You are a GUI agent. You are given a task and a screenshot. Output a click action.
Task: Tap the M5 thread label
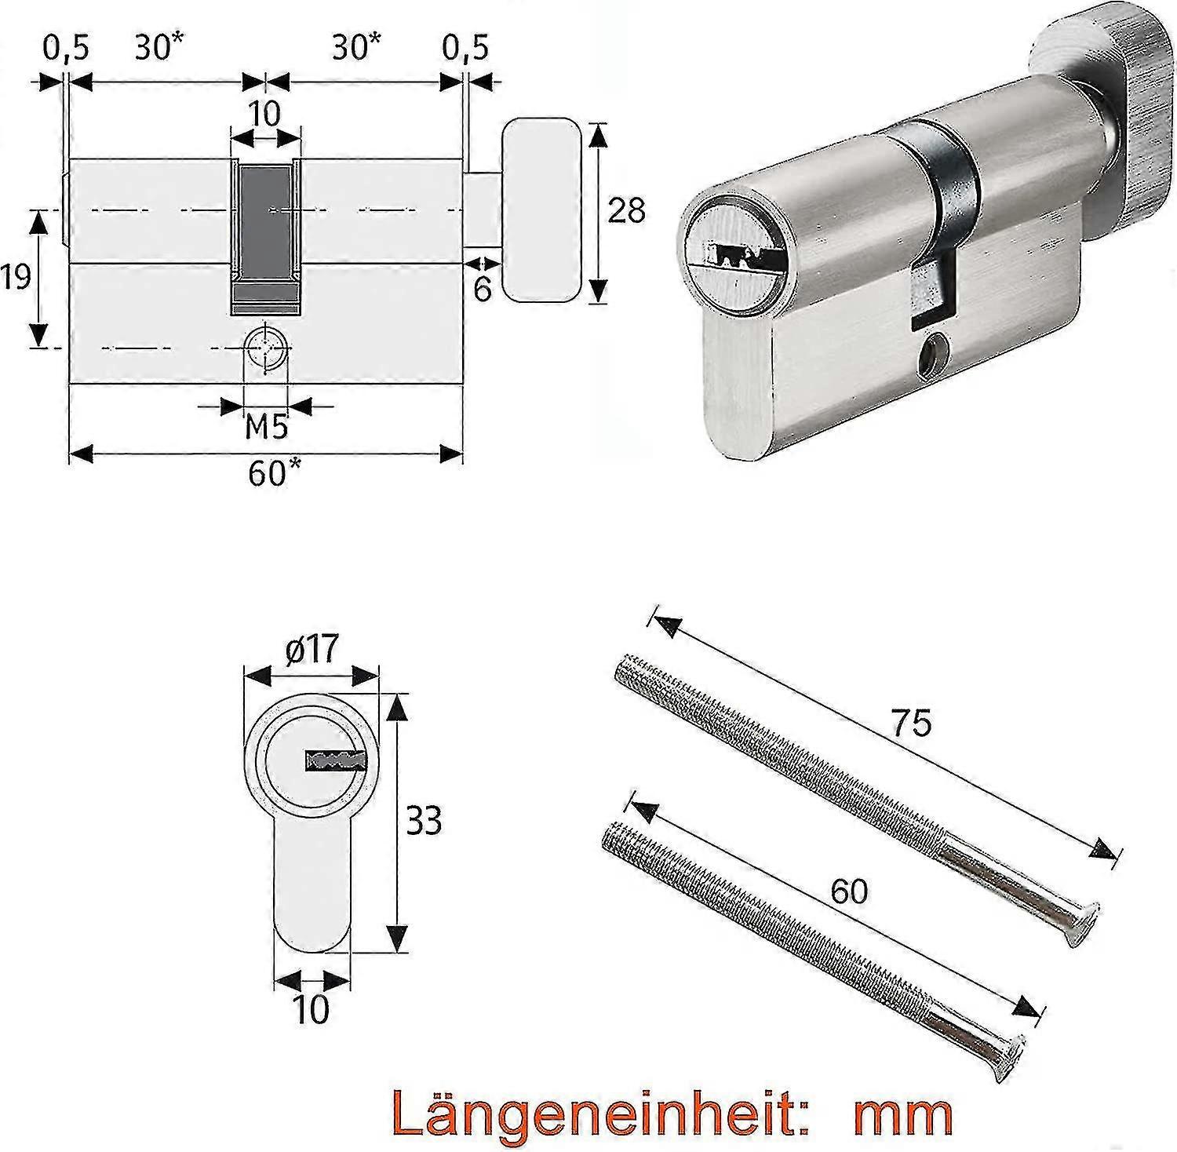267,428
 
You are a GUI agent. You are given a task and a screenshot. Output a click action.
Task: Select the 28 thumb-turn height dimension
626,210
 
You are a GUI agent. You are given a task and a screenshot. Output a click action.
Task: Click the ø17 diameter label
312,649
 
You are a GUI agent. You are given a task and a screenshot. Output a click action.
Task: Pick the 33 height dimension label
423,821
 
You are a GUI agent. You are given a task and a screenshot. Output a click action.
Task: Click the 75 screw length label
911,722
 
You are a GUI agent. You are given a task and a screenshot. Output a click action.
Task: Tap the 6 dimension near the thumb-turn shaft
482,288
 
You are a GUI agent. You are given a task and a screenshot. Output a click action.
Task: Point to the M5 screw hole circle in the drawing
266,346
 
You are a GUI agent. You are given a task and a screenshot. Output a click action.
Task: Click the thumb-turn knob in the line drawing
542,210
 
